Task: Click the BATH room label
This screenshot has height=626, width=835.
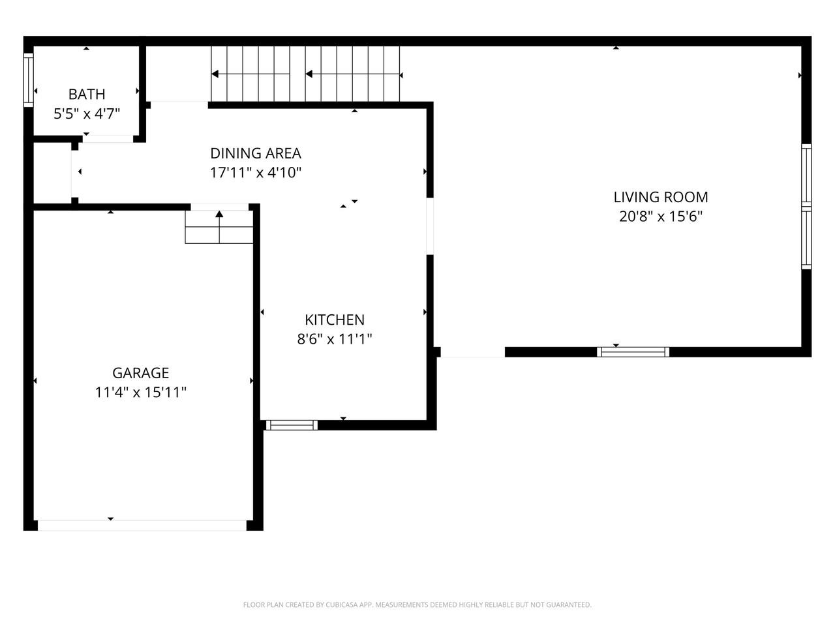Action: click(x=87, y=95)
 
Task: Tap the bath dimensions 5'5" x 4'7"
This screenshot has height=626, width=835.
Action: click(x=87, y=113)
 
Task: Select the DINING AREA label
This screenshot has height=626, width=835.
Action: click(x=256, y=153)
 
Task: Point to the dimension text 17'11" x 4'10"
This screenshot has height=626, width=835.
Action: click(x=256, y=173)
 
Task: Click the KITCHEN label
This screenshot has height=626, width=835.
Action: click(x=335, y=320)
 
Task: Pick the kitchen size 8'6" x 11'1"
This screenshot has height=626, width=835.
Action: click(x=335, y=339)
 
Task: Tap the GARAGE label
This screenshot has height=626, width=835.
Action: click(x=141, y=373)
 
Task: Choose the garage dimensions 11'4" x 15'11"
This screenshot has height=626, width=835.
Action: click(x=141, y=393)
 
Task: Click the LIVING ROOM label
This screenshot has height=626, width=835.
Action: click(x=661, y=198)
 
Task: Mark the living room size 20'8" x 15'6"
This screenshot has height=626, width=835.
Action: click(x=661, y=216)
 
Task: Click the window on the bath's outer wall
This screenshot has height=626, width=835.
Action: click(x=29, y=80)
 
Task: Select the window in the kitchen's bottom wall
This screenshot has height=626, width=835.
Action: click(x=292, y=425)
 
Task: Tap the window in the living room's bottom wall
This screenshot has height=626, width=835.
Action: click(x=633, y=352)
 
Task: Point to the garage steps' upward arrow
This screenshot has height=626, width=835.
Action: click(x=219, y=227)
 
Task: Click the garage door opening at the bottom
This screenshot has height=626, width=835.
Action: click(x=142, y=526)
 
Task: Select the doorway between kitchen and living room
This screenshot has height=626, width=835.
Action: click(x=430, y=226)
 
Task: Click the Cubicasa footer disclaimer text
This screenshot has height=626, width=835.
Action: click(x=417, y=604)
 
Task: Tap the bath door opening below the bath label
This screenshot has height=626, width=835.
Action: click(x=108, y=139)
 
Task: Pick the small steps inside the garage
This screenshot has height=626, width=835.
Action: click(x=219, y=227)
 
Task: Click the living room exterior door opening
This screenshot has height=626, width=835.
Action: click(x=473, y=352)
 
